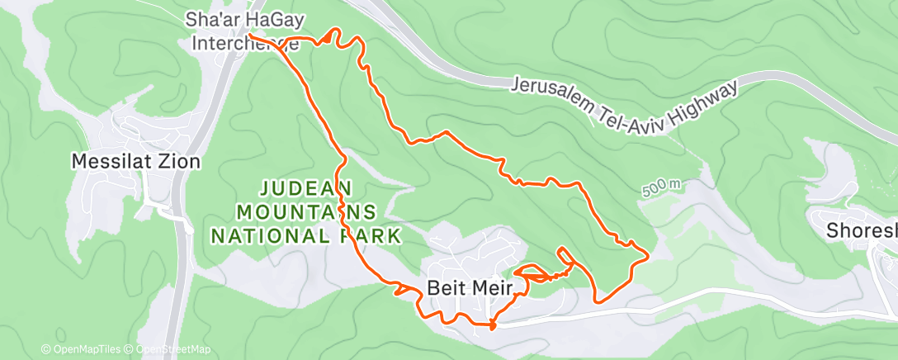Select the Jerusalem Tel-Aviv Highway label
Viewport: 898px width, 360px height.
click(622, 102)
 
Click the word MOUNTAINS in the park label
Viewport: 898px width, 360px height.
click(307, 211)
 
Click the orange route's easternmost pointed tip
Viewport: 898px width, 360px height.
click(647, 257)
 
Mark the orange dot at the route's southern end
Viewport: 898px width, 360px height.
click(493, 325)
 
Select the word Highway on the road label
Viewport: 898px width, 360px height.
click(701, 95)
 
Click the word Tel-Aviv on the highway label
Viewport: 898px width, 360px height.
click(626, 110)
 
